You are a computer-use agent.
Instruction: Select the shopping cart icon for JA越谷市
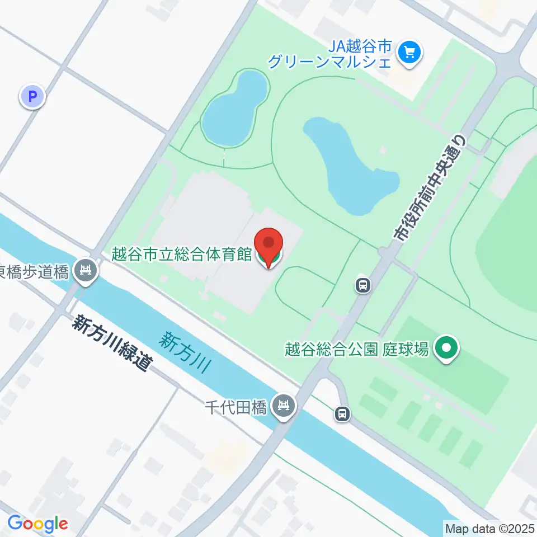(x=409, y=54)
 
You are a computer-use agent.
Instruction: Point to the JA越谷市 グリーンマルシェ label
(x=330, y=54)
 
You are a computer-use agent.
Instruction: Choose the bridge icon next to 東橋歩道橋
(x=86, y=272)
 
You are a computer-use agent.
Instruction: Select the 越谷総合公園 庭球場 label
(x=357, y=349)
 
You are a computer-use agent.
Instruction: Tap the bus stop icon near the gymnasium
(x=363, y=286)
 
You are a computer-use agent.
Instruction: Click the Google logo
(x=37, y=524)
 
